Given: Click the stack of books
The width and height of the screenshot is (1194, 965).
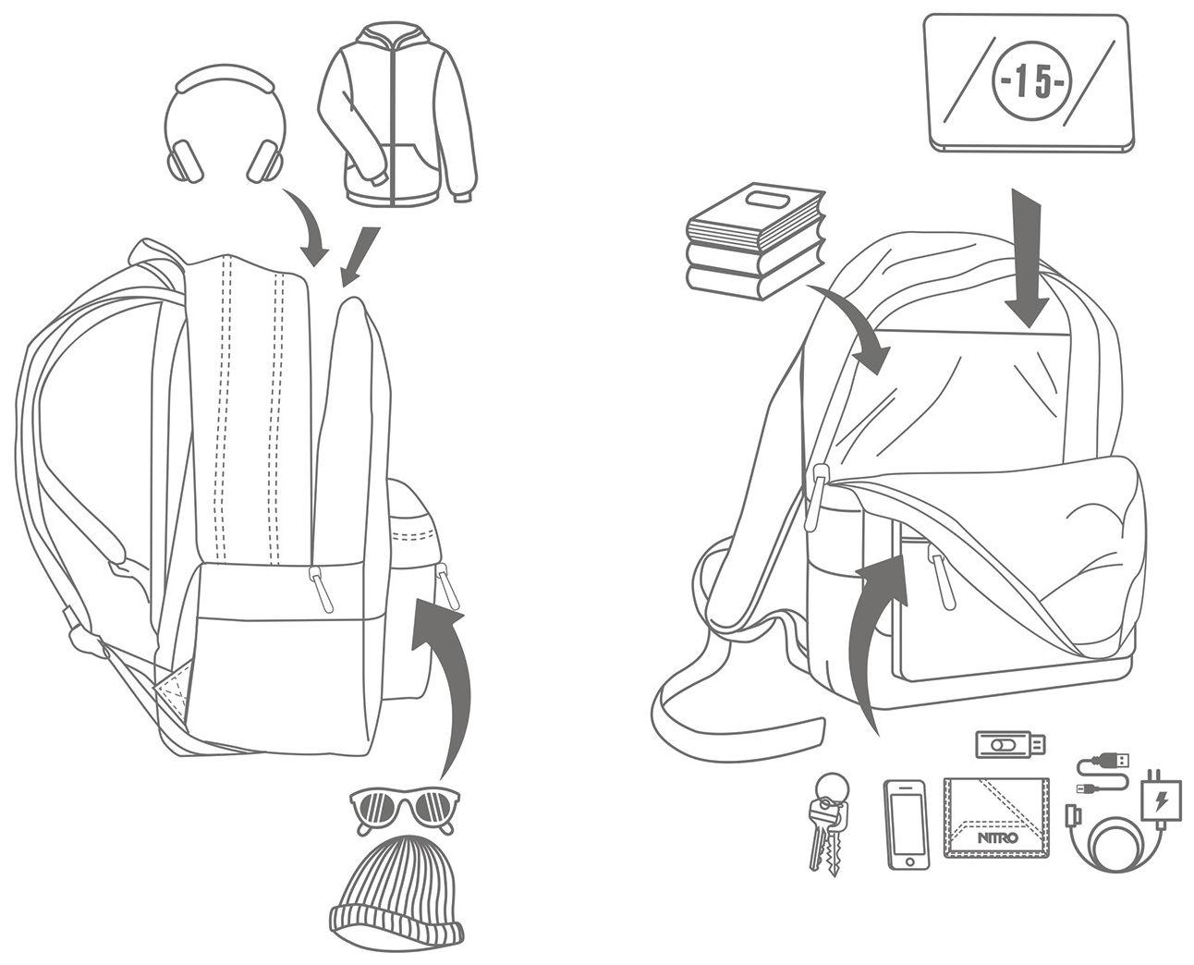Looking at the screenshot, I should [x=755, y=241].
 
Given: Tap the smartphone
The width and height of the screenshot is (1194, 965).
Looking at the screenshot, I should [x=907, y=824].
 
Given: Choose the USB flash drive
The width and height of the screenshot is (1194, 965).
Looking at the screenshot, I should [x=1011, y=743].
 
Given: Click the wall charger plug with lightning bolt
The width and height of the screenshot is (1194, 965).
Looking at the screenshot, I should [x=1161, y=797].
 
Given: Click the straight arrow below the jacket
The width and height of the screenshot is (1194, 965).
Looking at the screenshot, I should [x=359, y=254].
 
